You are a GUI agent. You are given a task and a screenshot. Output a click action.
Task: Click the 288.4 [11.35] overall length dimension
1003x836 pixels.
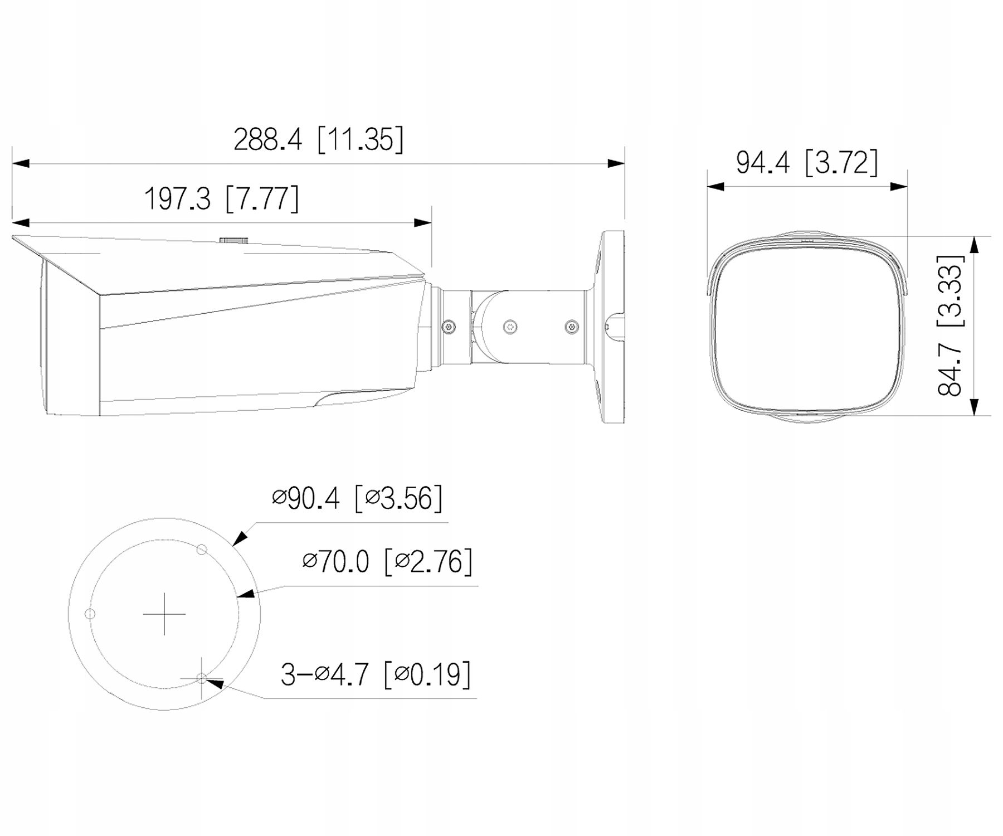(318, 139)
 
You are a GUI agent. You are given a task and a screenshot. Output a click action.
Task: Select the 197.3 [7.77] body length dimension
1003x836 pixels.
(222, 198)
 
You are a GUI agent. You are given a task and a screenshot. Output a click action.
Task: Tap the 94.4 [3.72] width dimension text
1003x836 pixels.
(807, 162)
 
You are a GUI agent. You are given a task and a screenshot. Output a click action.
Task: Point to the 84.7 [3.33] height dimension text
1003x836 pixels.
(951, 325)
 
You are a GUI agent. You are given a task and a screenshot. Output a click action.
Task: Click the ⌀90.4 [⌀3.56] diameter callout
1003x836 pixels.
(357, 498)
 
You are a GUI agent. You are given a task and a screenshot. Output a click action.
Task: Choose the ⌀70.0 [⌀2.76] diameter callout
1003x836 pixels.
(387, 561)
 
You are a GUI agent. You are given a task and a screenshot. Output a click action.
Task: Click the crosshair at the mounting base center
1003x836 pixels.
(164, 614)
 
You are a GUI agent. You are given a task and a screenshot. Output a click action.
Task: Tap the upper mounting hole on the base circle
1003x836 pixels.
(202, 550)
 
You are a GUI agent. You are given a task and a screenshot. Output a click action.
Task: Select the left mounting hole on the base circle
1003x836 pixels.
(90, 614)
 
